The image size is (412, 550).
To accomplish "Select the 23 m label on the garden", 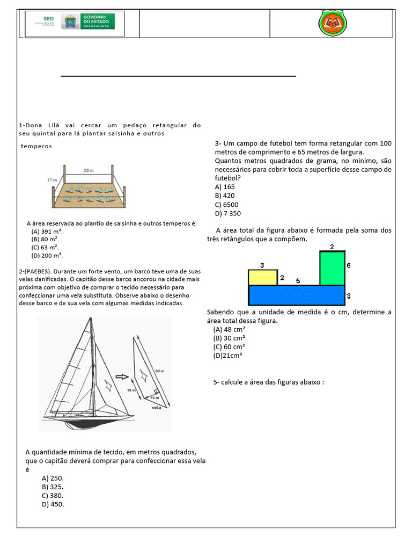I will [x=89, y=170].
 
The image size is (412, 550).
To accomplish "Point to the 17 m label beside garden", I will [x=52, y=179].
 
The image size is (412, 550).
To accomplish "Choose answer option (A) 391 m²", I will [x=47, y=231].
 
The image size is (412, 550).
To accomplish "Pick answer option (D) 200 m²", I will [x=47, y=255].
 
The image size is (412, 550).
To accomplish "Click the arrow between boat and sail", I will [x=123, y=376].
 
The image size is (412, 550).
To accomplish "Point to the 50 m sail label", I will [x=159, y=372].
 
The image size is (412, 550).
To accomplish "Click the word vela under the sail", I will [x=157, y=407].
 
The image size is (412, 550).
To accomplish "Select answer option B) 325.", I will [x=53, y=487].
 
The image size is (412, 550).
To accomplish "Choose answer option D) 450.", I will [x=53, y=504].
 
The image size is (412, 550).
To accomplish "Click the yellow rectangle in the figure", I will [x=262, y=277].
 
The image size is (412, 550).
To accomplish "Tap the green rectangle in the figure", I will [x=332, y=268].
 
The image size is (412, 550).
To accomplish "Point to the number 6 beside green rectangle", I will [x=348, y=265].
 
